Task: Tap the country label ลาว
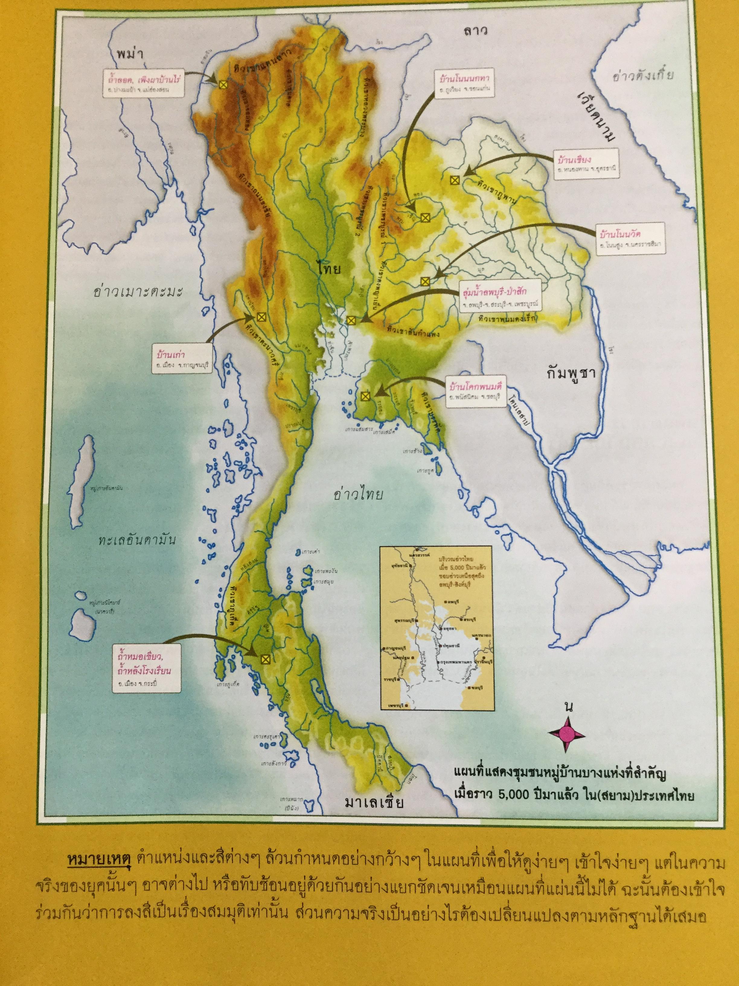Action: pyautogui.click(x=475, y=31)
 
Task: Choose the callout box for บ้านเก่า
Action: pyautogui.click(x=181, y=359)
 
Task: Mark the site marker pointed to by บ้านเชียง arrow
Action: pyautogui.click(x=454, y=180)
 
